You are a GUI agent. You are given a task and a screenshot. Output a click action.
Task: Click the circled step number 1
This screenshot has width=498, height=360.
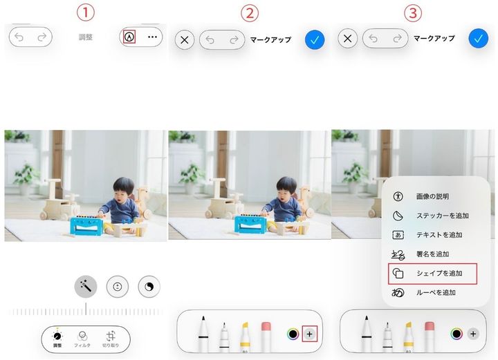coord(85,12)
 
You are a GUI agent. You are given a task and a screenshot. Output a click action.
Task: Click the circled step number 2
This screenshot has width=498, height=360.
coord(249,12)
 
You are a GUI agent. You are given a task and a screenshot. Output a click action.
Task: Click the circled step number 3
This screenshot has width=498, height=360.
coord(413,12)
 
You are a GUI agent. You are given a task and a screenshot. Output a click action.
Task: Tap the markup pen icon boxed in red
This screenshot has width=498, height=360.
coord(129,37)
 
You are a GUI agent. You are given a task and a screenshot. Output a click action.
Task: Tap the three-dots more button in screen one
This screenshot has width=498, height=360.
coord(152,37)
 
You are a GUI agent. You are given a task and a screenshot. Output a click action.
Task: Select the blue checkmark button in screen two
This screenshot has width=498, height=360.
coord(315,39)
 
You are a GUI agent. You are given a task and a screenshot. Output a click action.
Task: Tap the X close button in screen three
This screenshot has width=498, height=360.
coord(348,39)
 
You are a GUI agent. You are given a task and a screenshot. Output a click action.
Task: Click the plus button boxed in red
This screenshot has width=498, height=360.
coord(309,334)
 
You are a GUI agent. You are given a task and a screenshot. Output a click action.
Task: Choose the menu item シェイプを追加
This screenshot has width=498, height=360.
coord(439,274)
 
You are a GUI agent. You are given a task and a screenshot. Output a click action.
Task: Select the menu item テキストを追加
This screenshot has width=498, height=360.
coord(439,235)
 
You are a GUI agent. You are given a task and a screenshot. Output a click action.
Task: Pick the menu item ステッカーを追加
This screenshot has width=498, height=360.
coord(439,216)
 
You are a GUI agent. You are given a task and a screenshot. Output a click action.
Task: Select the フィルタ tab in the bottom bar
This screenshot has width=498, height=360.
coord(82,337)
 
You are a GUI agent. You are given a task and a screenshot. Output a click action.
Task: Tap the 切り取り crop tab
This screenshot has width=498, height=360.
coord(111,337)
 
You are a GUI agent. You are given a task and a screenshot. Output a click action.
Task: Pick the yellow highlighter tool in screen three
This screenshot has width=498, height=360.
coord(409,334)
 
